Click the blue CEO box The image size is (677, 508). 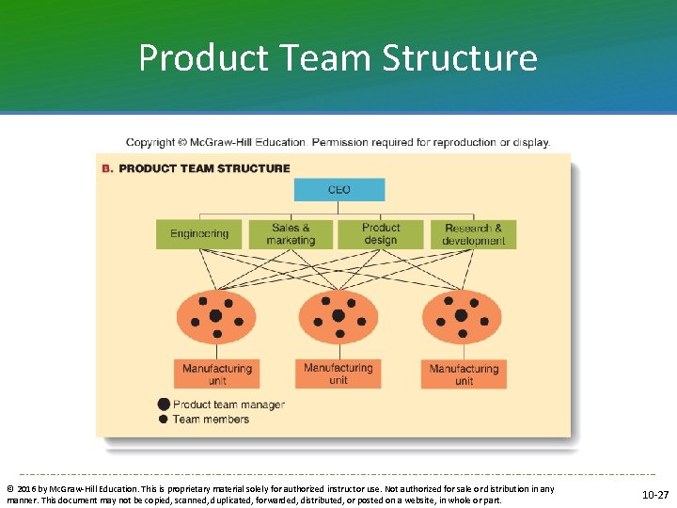tap(339, 190)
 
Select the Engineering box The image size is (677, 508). tap(199, 233)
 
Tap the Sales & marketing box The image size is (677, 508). tap(291, 233)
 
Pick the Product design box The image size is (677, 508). tap(381, 233)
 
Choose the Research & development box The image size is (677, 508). tap(474, 233)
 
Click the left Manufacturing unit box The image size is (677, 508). tap(217, 374)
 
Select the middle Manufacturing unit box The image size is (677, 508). tap(338, 373)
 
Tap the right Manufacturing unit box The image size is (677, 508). tap(464, 374)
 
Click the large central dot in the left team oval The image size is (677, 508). tap(215, 316)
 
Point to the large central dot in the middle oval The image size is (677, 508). tap(338, 316)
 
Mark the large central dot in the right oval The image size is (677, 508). tap(461, 315)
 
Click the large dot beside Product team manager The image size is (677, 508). tap(164, 405)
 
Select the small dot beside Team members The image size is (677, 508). tap(164, 419)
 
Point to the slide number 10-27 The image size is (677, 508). tap(655, 494)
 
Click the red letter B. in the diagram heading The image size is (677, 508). tap(107, 168)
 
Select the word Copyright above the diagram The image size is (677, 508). tap(150, 143)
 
